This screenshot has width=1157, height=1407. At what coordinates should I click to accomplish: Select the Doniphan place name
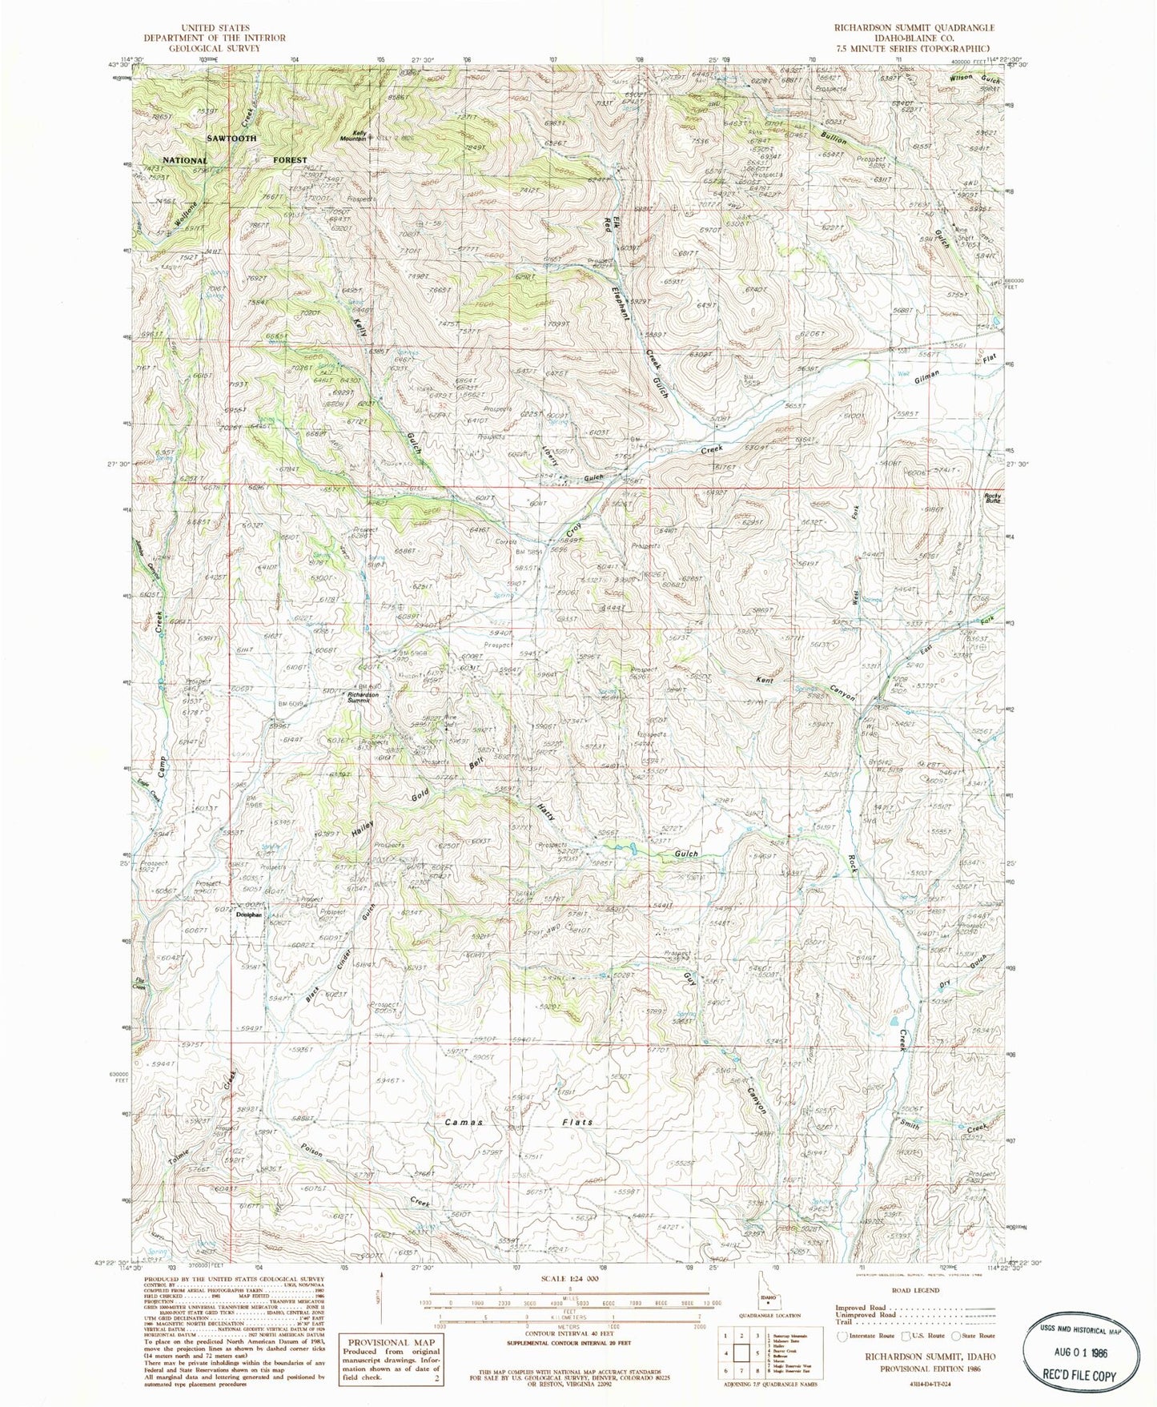tap(249, 914)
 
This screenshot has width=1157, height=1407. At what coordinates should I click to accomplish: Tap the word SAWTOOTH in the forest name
tap(231, 139)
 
